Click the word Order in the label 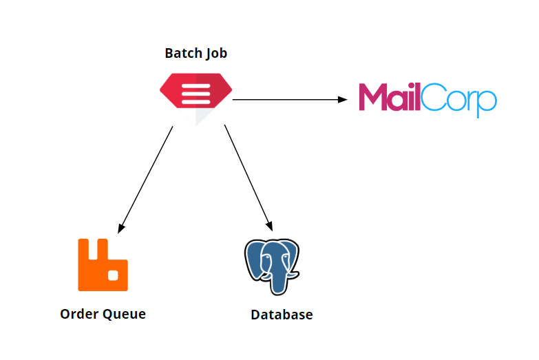[x=79, y=314]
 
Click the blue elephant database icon [x=272, y=265]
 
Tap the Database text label [x=282, y=315]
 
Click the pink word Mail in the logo [x=389, y=98]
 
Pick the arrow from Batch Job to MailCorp [x=289, y=100]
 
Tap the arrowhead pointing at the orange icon [x=121, y=228]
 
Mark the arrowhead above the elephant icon [x=270, y=226]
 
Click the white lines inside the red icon [x=196, y=89]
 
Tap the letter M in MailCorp [x=374, y=98]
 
